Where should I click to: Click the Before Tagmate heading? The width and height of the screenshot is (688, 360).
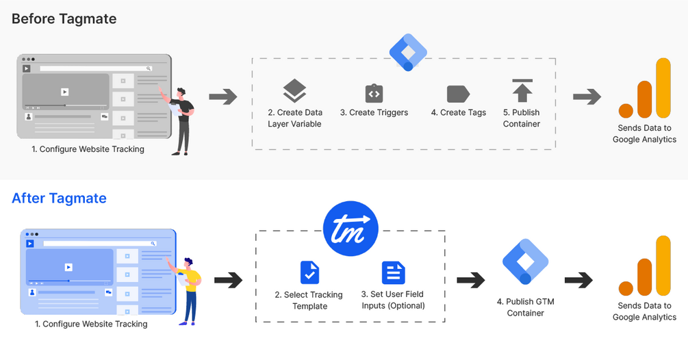64,18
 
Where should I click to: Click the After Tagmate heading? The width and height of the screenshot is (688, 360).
59,198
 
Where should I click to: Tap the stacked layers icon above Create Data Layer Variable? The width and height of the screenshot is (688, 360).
294,91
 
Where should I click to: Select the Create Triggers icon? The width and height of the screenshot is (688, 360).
374,93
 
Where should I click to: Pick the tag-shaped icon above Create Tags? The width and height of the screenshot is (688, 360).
458,93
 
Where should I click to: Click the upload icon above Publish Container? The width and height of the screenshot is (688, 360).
522,91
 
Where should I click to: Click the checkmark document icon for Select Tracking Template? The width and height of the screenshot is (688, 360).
309,272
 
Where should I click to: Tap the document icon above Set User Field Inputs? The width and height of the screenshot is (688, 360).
393,272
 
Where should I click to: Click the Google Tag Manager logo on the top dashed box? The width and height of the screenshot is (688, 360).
408,52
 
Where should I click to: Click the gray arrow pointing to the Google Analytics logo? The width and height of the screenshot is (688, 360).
587,97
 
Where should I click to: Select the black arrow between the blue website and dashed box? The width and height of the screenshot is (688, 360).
228,280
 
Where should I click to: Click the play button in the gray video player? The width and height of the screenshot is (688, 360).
64,92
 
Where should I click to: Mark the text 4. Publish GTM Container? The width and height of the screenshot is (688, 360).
525,307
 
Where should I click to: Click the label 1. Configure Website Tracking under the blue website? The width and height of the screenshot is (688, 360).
91,324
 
